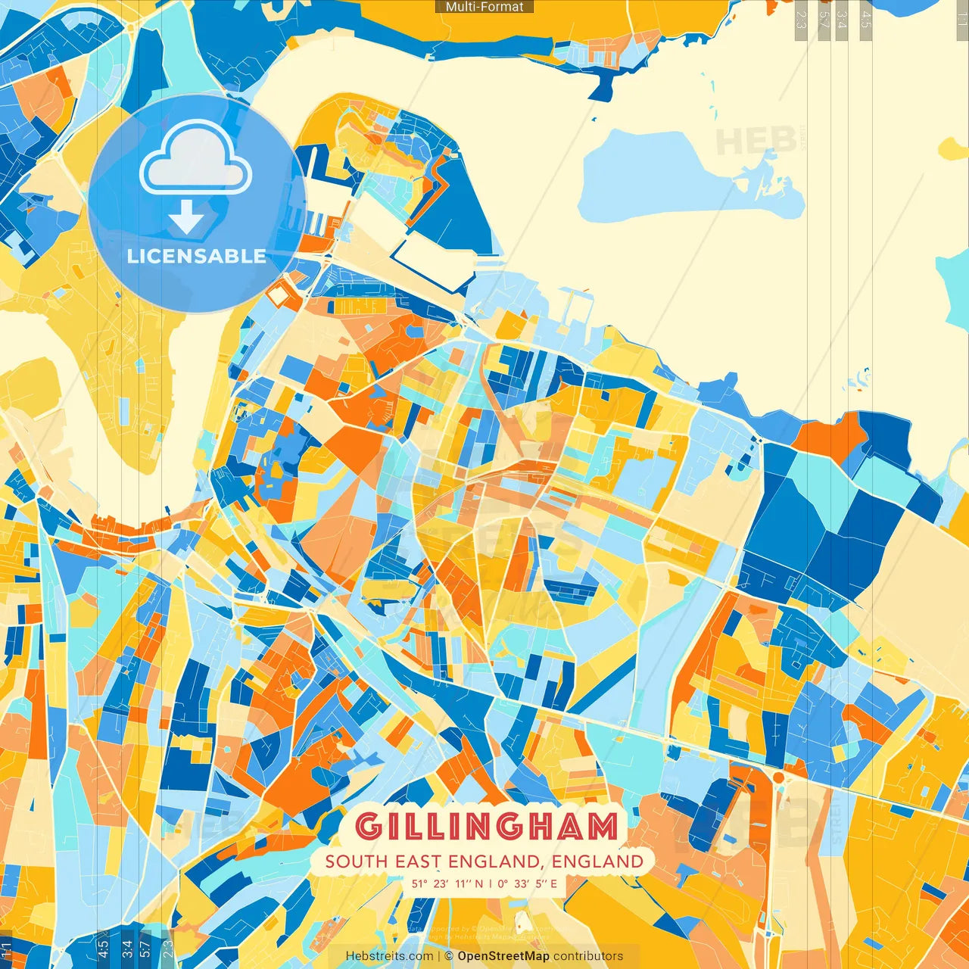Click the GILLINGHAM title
486,826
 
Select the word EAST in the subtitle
418,862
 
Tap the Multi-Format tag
484,7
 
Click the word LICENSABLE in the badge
197,256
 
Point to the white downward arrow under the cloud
186,217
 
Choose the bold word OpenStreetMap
503,956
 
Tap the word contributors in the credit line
588,956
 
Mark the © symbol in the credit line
449,956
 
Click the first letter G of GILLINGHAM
368,826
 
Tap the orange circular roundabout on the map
777,777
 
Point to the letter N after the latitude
478,883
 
